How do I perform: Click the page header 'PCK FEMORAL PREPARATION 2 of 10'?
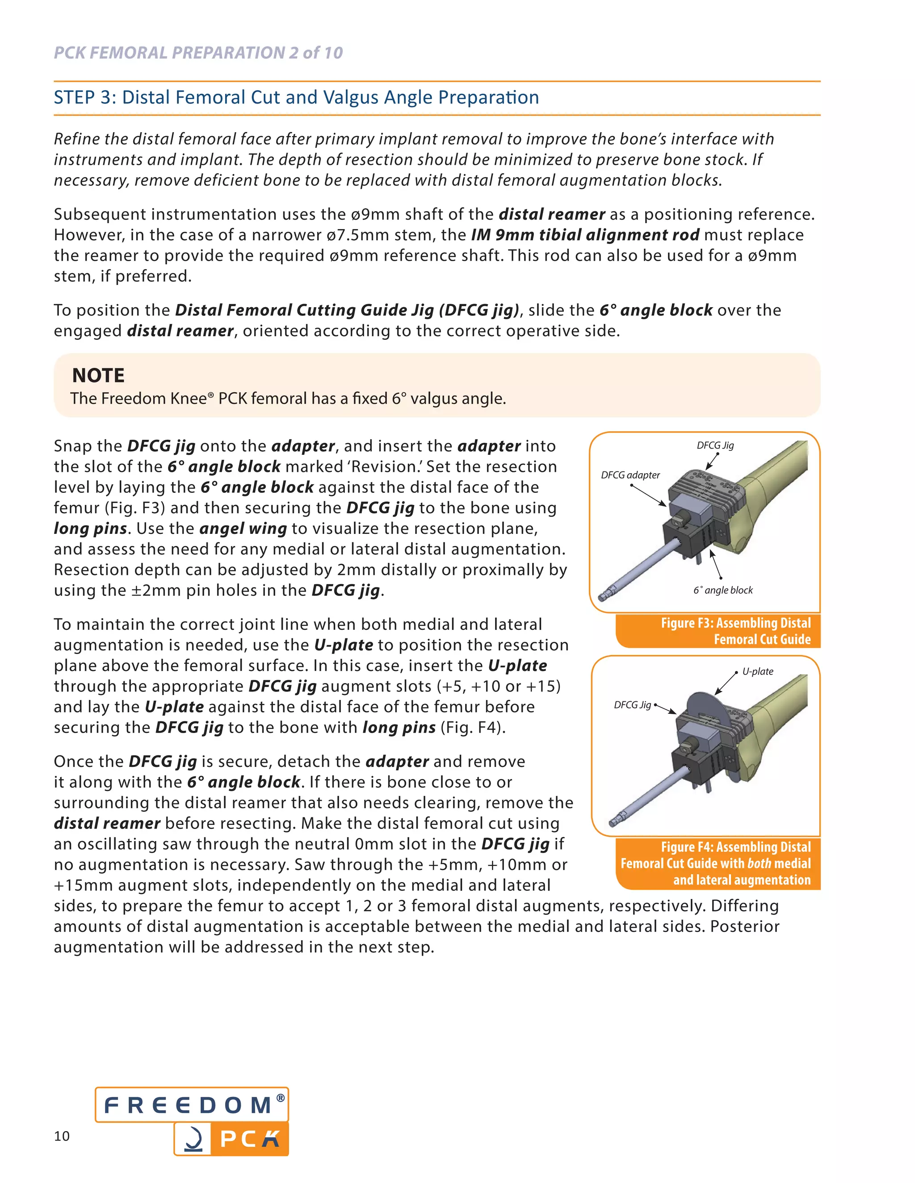[x=198, y=53]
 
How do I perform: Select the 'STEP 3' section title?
[x=296, y=97]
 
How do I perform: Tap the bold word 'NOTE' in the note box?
[x=98, y=375]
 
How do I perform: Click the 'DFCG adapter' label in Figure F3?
[x=630, y=475]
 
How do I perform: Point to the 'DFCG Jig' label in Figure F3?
[x=714, y=445]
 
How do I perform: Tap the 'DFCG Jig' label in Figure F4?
[x=632, y=705]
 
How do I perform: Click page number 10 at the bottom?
[x=62, y=1136]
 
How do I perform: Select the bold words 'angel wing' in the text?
[x=243, y=529]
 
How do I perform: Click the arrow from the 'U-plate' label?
[x=725, y=684]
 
